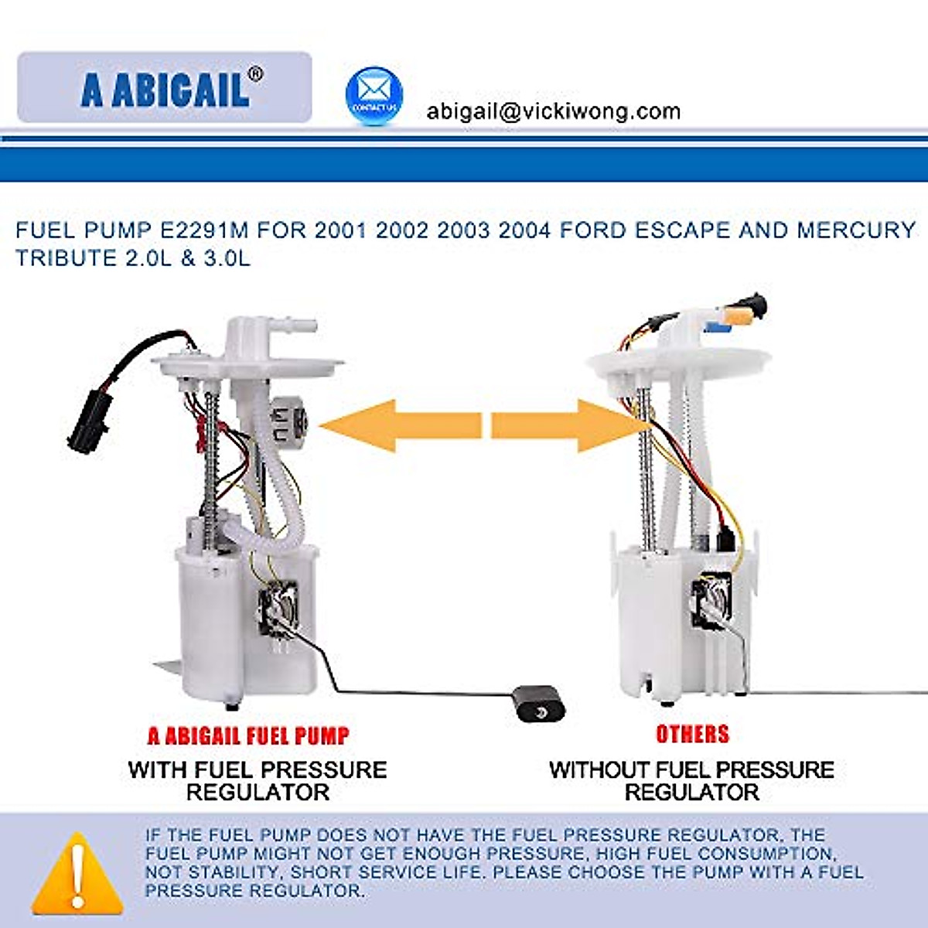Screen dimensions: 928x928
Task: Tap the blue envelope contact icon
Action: pyautogui.click(x=374, y=96)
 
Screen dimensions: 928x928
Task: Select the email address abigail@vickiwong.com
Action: pyautogui.click(x=553, y=111)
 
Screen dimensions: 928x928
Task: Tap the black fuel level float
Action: pyautogui.click(x=538, y=702)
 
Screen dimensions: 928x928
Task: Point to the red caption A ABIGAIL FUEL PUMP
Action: pyautogui.click(x=248, y=735)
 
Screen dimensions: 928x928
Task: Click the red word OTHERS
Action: pyautogui.click(x=692, y=734)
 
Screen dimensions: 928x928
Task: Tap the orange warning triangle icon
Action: pyautogui.click(x=77, y=874)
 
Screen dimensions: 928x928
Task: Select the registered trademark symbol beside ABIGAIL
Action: pyautogui.click(x=255, y=74)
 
